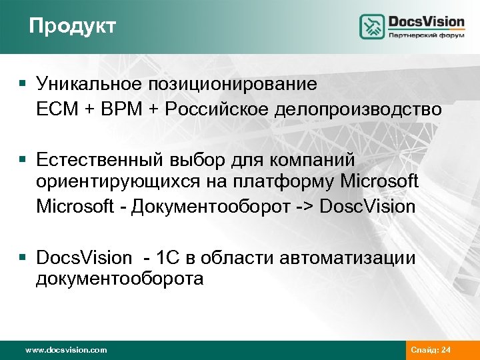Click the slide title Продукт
point(73,26)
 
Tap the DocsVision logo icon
point(373,27)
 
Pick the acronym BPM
point(120,109)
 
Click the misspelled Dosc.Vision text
point(367,206)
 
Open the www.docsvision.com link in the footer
point(65,350)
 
